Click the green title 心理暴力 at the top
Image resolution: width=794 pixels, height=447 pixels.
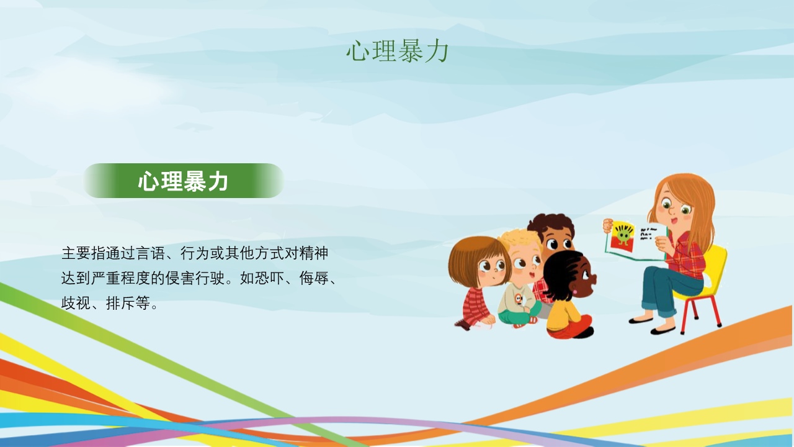(x=398, y=52)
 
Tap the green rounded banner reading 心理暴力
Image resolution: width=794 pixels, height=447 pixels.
(x=184, y=181)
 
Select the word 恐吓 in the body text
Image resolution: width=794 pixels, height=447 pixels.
(x=269, y=278)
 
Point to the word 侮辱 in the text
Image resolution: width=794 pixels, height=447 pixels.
(x=314, y=278)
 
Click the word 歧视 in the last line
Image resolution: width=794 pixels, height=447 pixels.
(x=76, y=304)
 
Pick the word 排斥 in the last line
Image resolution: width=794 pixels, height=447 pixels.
(x=121, y=304)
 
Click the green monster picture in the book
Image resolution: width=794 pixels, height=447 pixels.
(x=623, y=237)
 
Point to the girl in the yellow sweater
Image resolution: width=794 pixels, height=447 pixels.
(x=569, y=294)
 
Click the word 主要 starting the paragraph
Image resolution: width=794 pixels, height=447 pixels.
(x=76, y=253)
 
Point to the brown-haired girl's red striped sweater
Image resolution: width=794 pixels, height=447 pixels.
(x=475, y=305)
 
